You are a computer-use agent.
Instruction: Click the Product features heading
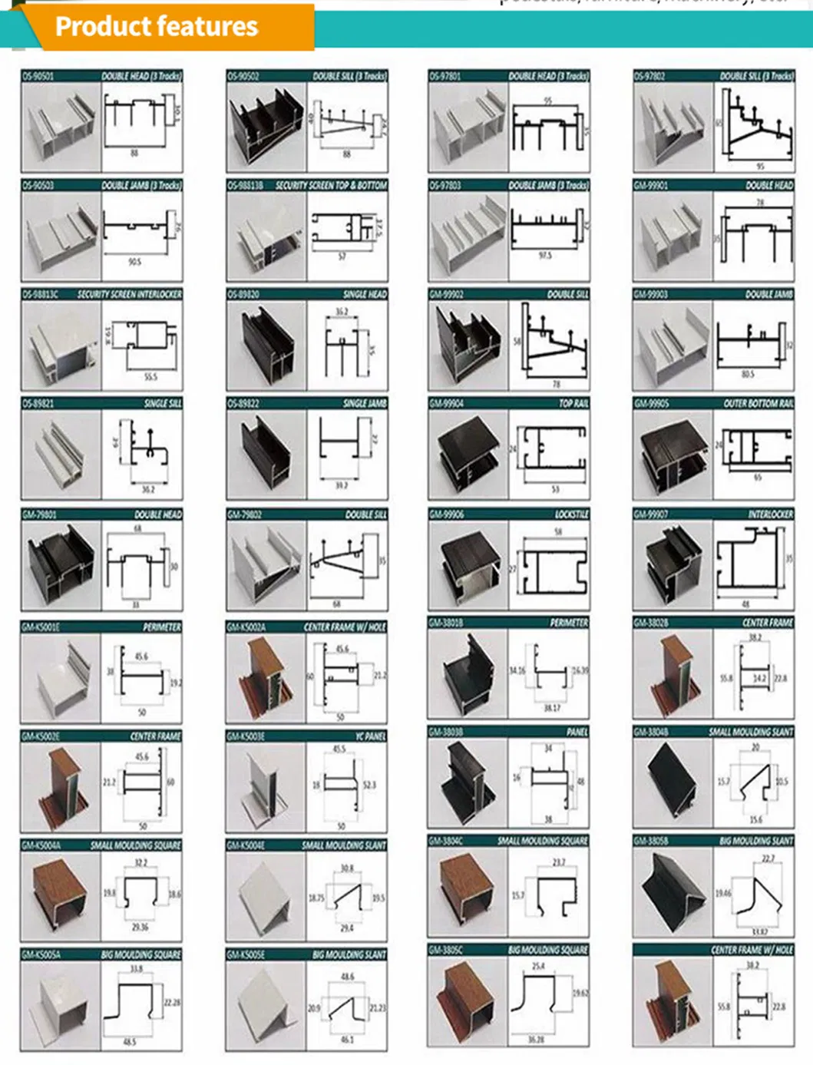coord(157,27)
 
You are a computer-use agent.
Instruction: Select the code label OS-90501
coord(38,76)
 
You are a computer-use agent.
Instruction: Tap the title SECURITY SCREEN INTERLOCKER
coord(129,295)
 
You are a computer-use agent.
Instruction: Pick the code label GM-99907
coord(652,514)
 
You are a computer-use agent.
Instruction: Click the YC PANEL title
coord(370,736)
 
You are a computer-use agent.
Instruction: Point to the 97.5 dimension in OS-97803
coord(545,256)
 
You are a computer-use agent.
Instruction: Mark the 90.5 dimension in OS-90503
coord(134,262)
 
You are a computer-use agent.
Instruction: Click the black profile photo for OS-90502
coord(266,127)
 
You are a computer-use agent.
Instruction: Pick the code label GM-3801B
coord(446,623)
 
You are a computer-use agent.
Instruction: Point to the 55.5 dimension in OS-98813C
coord(150,377)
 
